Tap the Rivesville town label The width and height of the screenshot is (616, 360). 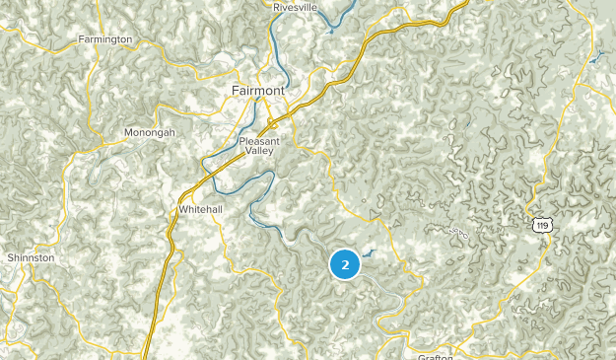point(296,7)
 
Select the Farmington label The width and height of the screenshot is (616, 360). point(105,39)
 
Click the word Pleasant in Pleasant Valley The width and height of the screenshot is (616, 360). point(259,141)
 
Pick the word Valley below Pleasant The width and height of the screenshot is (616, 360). point(260,152)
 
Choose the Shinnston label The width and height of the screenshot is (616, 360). point(31,257)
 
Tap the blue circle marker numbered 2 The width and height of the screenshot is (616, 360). point(344,264)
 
